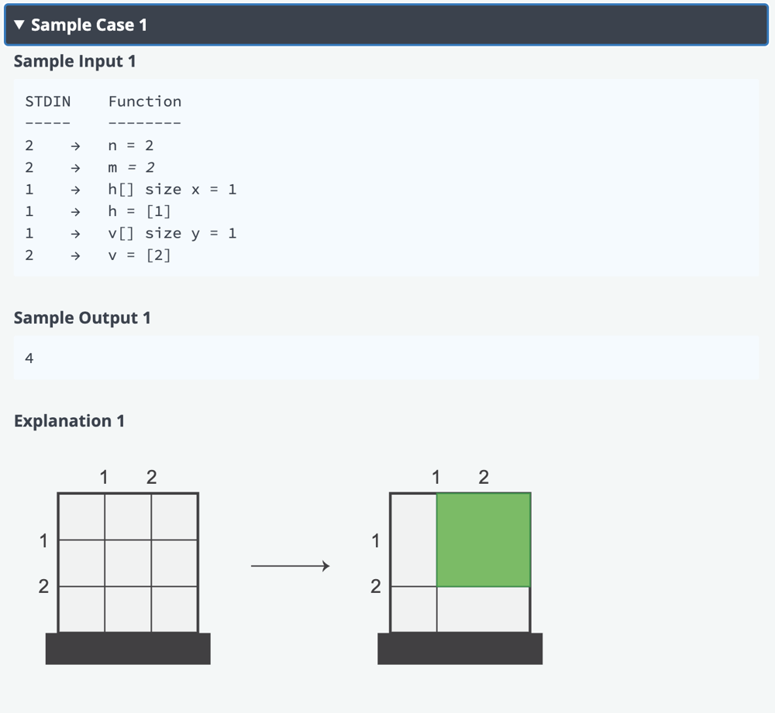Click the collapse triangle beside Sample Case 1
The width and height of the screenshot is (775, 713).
[x=19, y=25]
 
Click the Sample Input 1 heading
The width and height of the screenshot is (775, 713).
[x=74, y=61]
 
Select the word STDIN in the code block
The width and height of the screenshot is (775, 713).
[x=48, y=101]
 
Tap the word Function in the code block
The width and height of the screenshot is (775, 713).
[x=145, y=101]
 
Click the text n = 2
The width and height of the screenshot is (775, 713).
[x=131, y=146]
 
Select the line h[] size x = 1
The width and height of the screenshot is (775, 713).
[x=173, y=190]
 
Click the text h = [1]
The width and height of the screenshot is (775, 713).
[x=139, y=211]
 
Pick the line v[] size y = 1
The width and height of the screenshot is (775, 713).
[x=173, y=233]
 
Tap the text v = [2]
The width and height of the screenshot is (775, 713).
[x=139, y=255]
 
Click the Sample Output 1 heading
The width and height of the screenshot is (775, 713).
[x=82, y=318]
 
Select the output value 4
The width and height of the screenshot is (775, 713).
[x=29, y=358]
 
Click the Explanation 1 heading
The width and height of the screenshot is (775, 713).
[x=69, y=420]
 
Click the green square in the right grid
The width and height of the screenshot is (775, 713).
[x=484, y=540]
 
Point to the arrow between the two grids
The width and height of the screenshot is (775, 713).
[x=290, y=565]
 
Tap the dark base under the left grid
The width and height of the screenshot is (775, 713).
[x=128, y=649]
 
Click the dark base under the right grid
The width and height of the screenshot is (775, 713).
[x=460, y=649]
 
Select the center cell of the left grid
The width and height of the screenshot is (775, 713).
[x=128, y=563]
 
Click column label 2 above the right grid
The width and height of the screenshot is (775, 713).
[x=484, y=477]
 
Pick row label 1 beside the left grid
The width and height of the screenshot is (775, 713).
[x=44, y=540]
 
